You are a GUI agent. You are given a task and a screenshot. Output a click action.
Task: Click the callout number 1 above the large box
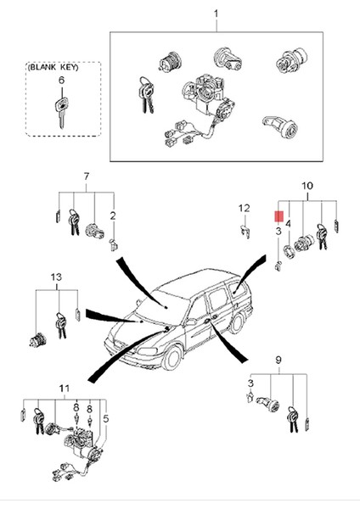click(x=216, y=14)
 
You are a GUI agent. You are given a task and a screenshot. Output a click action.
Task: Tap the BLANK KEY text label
click(x=53, y=68)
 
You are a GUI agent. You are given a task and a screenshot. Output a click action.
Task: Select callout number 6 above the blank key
click(x=61, y=81)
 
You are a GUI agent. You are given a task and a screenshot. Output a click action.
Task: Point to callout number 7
click(x=86, y=176)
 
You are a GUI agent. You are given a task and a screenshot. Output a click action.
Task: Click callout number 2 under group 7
click(x=113, y=215)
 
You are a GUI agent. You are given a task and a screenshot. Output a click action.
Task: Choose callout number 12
click(x=244, y=208)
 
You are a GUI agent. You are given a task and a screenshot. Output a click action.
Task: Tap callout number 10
click(x=307, y=186)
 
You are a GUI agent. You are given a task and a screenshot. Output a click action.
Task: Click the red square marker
click(x=278, y=216)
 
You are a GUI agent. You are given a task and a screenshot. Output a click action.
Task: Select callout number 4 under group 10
click(x=288, y=224)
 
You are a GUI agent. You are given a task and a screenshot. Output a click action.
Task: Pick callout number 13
click(x=56, y=277)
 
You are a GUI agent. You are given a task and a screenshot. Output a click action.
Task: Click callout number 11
click(x=65, y=389)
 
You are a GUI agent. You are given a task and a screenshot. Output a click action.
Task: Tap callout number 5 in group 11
click(x=105, y=419)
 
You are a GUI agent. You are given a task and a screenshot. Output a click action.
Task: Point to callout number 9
click(x=278, y=360)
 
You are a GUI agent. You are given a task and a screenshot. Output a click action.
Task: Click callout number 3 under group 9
click(x=250, y=383)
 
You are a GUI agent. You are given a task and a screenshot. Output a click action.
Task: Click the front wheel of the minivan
click(x=172, y=358)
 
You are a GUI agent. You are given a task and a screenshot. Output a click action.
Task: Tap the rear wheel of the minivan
click(x=238, y=322)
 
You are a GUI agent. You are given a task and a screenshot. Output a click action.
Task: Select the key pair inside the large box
click(x=146, y=95)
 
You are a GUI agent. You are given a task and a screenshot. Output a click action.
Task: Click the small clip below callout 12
click(x=245, y=232)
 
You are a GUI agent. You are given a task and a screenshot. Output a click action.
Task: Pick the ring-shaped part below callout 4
click(x=289, y=252)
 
